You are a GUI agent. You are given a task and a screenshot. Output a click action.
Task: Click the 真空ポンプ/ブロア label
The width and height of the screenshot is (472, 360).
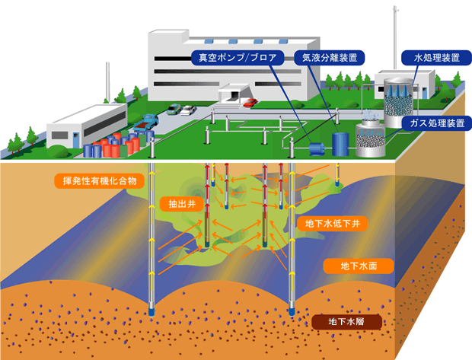(237, 57)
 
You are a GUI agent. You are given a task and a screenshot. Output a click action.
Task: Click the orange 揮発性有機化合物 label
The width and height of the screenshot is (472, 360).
(97, 181)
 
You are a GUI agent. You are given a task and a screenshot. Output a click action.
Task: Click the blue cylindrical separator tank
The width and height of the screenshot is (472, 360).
(341, 142)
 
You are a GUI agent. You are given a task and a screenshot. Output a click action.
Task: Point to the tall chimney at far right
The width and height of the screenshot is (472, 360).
(395, 38)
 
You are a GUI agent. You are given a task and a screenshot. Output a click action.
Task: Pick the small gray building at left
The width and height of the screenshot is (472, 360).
(85, 126)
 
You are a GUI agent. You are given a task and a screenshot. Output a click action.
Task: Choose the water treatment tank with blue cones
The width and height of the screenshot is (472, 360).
(400, 97)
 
